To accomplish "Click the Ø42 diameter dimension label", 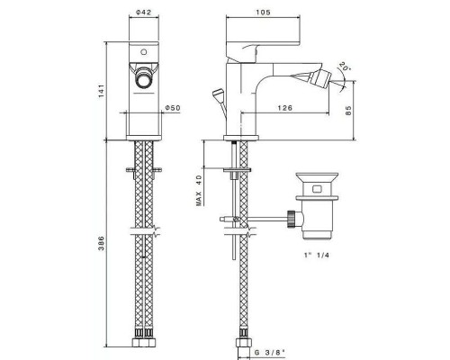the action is pos(143,13).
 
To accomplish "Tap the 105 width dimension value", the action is pos(263,13).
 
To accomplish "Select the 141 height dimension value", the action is pos(102,91).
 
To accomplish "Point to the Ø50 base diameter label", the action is pos(173,108).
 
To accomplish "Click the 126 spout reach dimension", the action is pos(284,108).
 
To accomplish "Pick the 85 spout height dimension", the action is pos(348,111).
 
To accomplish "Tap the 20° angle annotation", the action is pos(345,67).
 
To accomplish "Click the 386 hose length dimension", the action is pos(102,243).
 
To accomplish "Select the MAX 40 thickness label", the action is pos(199,190).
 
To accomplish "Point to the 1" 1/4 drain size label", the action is pos(317,256).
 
